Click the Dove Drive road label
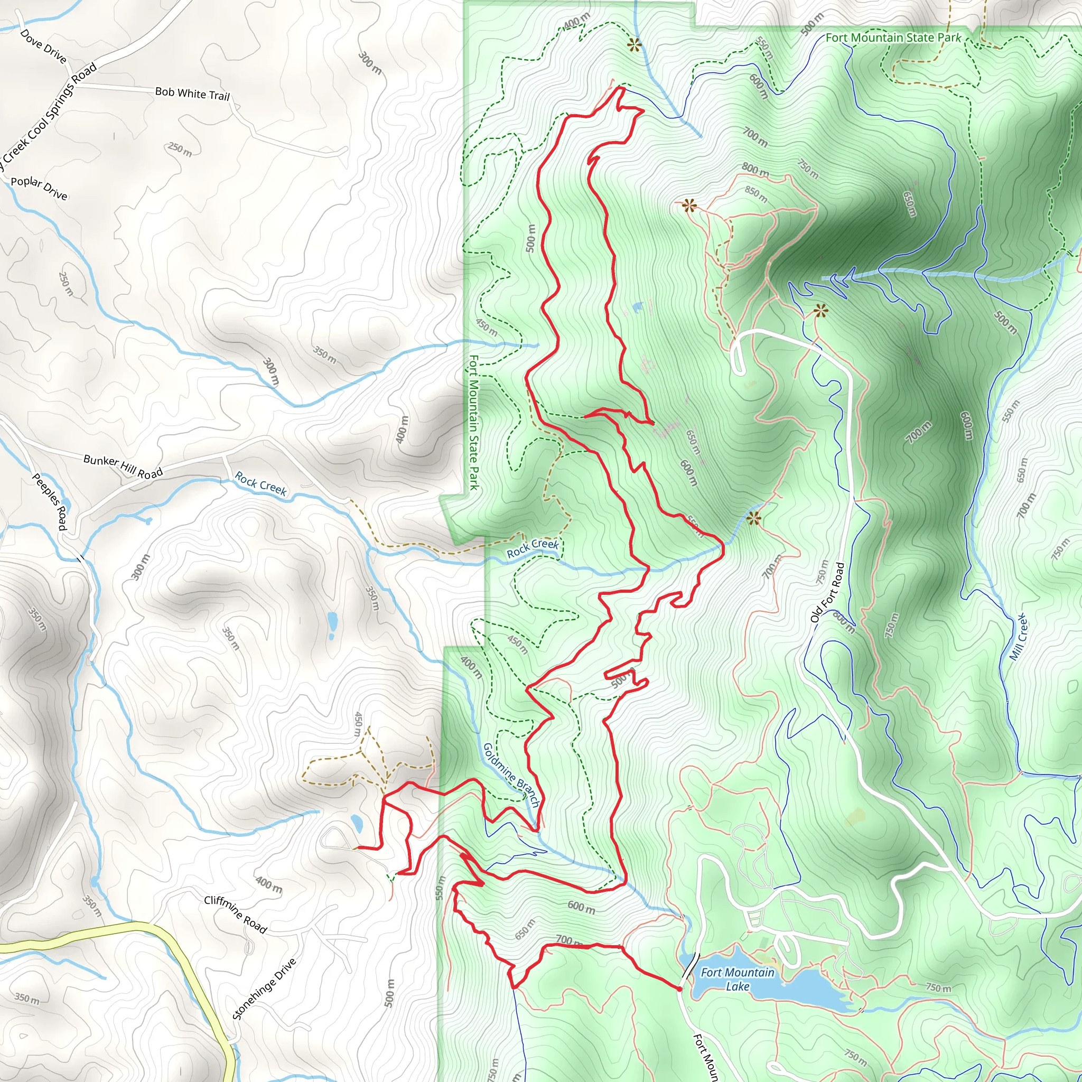(43, 46)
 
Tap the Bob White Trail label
(192, 94)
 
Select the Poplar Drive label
(39, 188)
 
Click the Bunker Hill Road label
(123, 467)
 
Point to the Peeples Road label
(50, 501)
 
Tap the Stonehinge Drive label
(264, 989)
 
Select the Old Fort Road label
(827, 593)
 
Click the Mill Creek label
(1019, 637)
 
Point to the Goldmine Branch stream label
(511, 775)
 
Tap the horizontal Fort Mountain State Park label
(893, 38)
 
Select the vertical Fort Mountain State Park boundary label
(474, 422)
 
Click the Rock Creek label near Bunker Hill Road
(260, 484)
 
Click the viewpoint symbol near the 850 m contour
(689, 206)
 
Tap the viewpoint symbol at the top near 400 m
(634, 45)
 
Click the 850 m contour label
(756, 194)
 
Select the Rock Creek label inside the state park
(532, 548)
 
